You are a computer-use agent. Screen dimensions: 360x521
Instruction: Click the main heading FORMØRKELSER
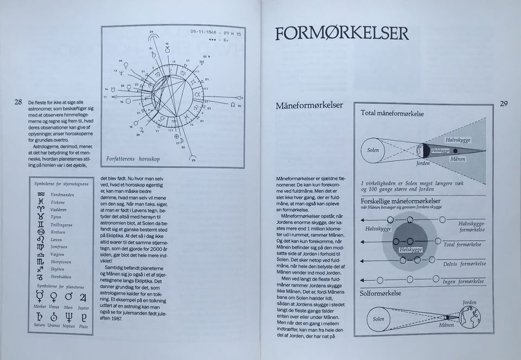(x=341, y=34)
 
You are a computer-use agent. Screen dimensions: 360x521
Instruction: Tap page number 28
(x=18, y=102)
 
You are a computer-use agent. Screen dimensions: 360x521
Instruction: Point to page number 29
(x=504, y=104)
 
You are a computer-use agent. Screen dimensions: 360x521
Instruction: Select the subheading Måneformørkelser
(x=309, y=105)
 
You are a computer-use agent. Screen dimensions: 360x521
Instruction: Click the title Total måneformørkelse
(x=392, y=114)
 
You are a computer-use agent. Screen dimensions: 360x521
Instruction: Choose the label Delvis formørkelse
(x=465, y=264)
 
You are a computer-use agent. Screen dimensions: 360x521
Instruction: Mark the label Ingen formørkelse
(x=464, y=281)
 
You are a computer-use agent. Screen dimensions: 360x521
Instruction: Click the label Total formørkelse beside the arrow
(x=465, y=244)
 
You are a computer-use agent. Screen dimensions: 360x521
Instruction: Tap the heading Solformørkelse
(x=380, y=293)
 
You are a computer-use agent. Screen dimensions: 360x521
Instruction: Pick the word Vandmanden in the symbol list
(x=62, y=194)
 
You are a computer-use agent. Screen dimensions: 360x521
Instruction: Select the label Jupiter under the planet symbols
(x=83, y=307)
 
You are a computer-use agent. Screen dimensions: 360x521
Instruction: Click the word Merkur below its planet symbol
(x=40, y=307)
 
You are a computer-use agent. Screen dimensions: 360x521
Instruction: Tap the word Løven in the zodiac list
(x=57, y=239)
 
